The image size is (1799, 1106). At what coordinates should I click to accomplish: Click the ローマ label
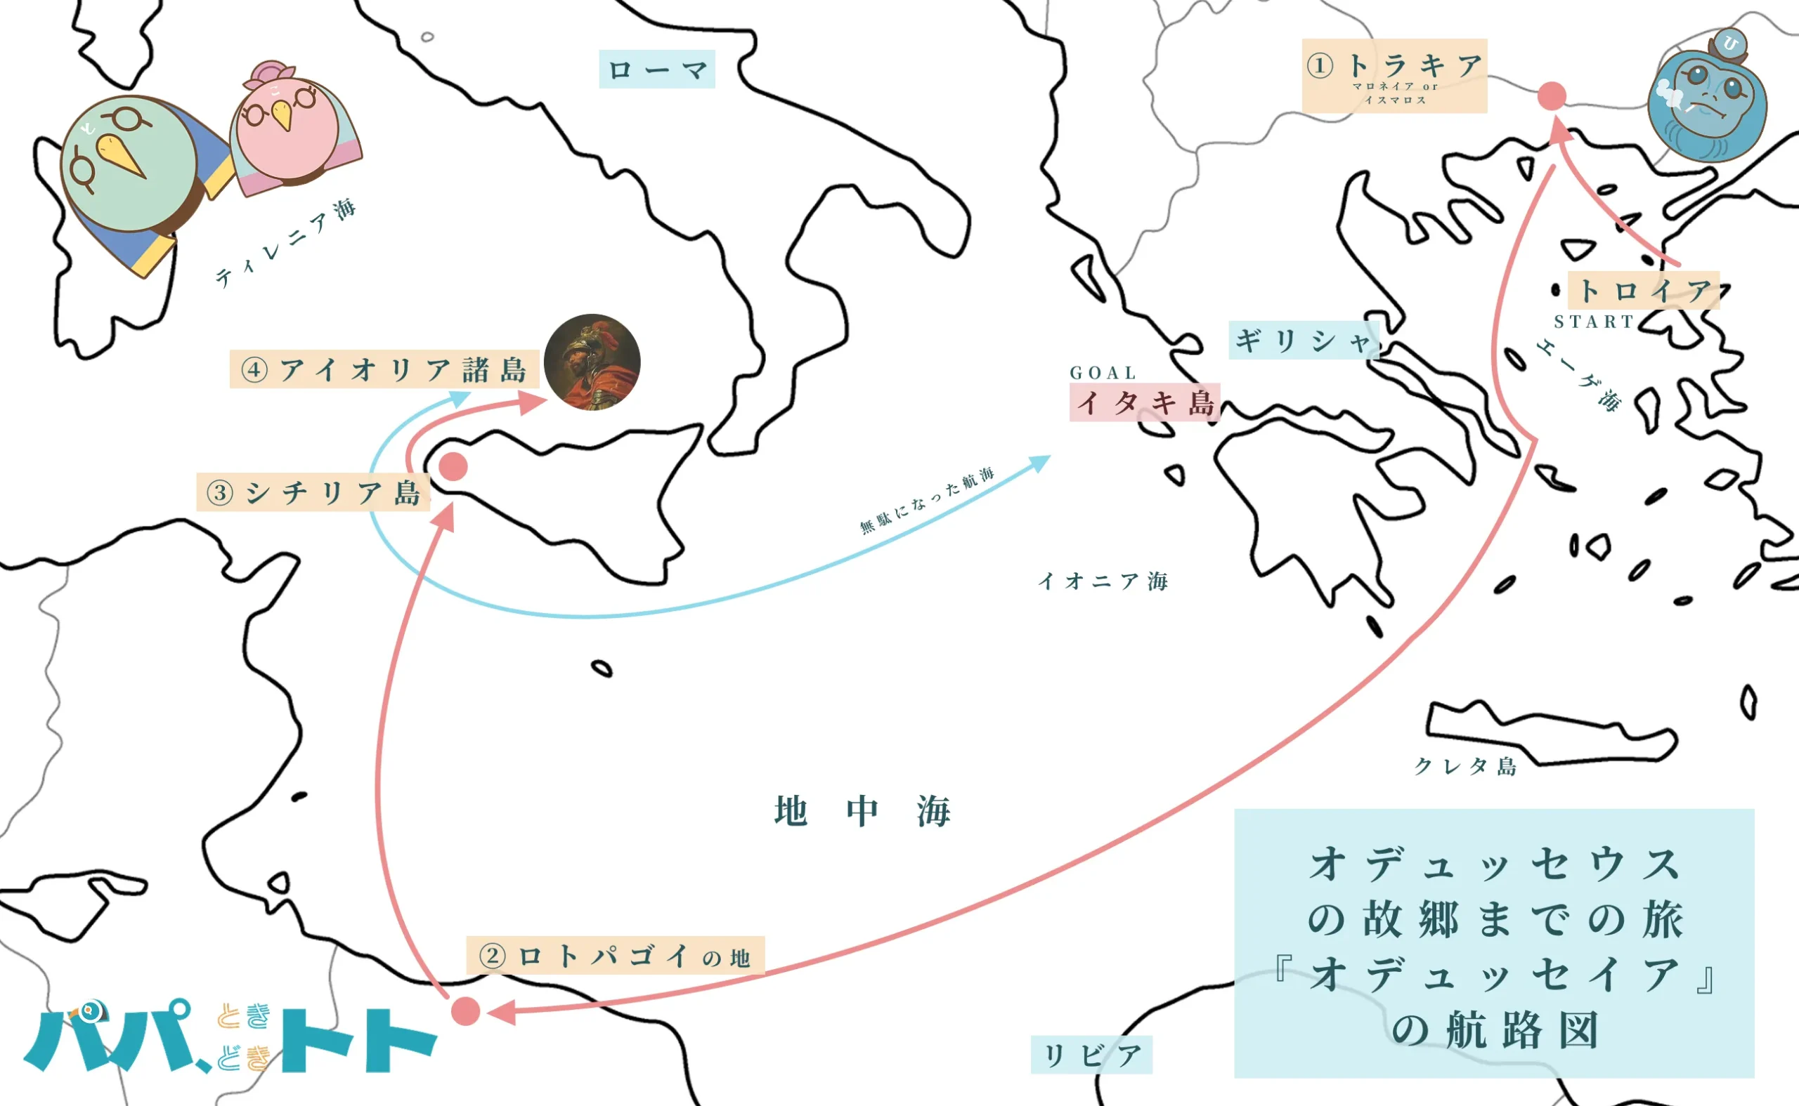coord(656,70)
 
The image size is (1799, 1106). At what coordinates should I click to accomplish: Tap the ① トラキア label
coord(1394,74)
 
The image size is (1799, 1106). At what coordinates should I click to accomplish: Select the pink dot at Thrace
coord(1551,96)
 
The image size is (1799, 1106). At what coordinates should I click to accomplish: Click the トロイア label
coord(1643,291)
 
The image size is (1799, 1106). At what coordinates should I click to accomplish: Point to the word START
coord(1593,322)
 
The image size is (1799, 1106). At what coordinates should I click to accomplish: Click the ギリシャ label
coord(1303,340)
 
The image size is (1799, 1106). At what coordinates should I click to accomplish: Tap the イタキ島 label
coord(1144,402)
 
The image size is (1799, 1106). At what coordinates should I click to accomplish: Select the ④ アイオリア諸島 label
coord(384,369)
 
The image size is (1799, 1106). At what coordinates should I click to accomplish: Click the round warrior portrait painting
coord(592,362)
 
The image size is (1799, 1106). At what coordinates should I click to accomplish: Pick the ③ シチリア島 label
coord(313,492)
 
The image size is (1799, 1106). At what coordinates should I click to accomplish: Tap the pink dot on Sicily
coord(453,466)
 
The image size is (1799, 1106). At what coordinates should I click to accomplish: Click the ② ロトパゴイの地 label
coord(615,955)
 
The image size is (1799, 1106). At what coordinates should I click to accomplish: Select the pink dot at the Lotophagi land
coord(465,1011)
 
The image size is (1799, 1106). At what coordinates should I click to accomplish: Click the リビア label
coord(1091,1055)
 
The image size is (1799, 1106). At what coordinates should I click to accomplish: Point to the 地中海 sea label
coord(862,811)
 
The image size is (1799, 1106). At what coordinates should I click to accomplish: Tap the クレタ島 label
coord(1464,766)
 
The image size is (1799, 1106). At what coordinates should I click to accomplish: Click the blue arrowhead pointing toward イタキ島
coord(1040,462)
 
